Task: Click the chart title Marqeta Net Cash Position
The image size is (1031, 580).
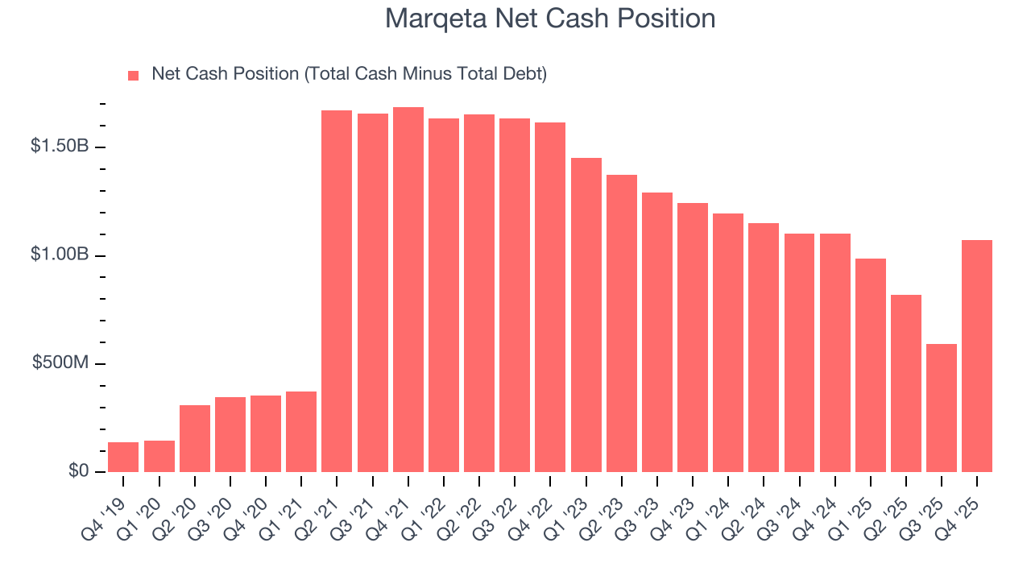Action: point(550,18)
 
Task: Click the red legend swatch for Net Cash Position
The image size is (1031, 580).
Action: point(134,76)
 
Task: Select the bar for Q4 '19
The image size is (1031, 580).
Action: point(123,457)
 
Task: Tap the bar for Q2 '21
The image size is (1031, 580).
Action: point(337,291)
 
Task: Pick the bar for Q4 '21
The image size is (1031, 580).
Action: point(408,289)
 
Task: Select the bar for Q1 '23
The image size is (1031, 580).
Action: point(586,315)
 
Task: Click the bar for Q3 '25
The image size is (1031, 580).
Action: point(942,408)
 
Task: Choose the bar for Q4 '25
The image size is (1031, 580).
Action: point(977,356)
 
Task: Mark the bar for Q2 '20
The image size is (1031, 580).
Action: point(194,438)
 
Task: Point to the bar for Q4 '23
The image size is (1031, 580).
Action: point(693,338)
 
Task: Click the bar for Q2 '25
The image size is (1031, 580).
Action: point(906,383)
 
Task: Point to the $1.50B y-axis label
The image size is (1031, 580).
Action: point(60,147)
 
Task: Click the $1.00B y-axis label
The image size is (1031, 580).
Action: point(60,255)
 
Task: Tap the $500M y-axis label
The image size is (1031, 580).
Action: point(60,363)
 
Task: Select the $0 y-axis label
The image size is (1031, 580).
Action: point(77,471)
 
